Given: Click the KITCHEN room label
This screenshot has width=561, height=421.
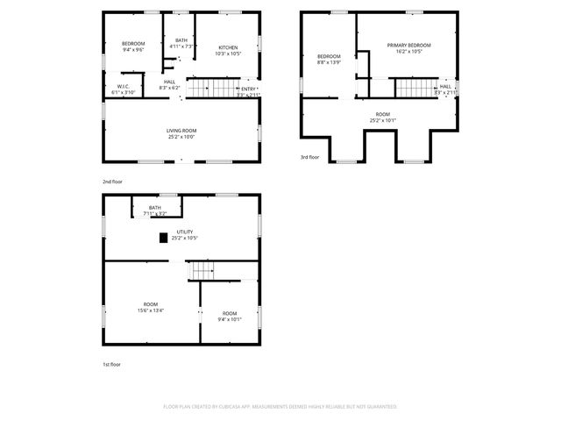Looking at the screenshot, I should click(228, 46).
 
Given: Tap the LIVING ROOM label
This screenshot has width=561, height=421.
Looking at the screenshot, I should click(181, 131).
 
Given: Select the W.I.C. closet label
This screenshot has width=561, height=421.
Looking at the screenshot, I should click(124, 86).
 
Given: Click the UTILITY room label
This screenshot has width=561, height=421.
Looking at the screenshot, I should click(185, 232).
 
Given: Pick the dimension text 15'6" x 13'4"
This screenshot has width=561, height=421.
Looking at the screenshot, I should click(151, 310).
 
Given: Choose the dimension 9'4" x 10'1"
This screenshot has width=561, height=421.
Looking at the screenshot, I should click(230, 319).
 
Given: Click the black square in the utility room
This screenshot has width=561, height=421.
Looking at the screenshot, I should click(163, 237).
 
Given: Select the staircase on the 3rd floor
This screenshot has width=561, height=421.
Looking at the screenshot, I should click(415, 88).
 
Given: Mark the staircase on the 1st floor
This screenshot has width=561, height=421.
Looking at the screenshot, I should click(203, 271).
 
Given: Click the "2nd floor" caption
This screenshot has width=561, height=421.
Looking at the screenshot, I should click(112, 182).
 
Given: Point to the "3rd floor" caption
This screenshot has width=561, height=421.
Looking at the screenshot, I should click(310, 158).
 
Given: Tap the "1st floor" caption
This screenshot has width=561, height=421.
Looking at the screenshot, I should click(110, 364).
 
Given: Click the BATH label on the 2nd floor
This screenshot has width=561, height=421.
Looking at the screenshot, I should click(181, 39).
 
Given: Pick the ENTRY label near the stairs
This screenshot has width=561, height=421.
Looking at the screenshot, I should click(249, 89).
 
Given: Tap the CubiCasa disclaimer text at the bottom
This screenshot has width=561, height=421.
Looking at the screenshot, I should click(280, 407).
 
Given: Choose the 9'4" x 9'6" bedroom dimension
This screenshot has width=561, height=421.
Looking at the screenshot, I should click(133, 50).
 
